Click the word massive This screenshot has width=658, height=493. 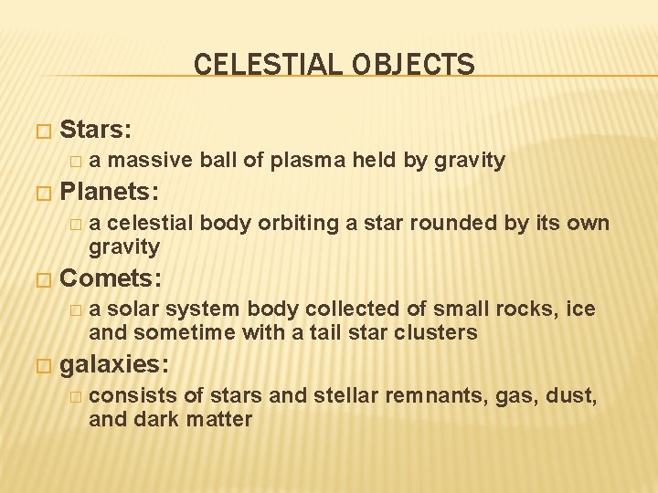(150, 162)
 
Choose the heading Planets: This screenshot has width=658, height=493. (109, 192)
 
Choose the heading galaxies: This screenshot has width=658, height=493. (113, 365)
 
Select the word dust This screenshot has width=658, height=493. (568, 396)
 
